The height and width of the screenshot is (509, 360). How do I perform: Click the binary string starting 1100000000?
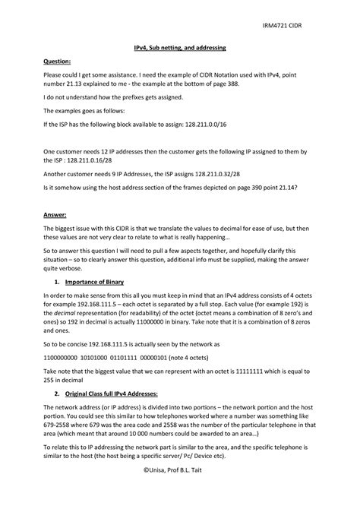click(64, 356)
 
